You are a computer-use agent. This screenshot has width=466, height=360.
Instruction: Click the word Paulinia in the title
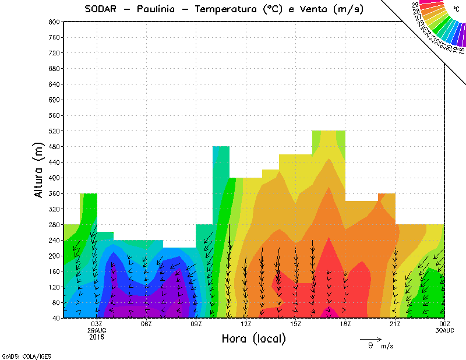click(160, 9)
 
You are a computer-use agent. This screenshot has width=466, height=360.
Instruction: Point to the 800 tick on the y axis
click(54, 22)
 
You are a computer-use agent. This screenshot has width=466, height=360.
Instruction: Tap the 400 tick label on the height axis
click(54, 178)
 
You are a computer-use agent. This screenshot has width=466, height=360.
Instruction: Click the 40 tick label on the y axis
click(56, 318)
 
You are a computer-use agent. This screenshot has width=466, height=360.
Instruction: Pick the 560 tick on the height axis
click(54, 115)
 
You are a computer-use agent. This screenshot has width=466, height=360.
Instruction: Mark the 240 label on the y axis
click(54, 240)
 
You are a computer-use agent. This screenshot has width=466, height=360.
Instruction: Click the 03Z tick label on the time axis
click(97, 324)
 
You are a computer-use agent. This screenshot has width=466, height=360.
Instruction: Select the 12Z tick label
click(246, 324)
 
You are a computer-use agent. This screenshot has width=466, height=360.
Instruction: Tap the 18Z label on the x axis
click(345, 324)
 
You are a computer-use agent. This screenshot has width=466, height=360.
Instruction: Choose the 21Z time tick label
click(395, 324)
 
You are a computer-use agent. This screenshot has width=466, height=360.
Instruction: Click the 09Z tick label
click(196, 324)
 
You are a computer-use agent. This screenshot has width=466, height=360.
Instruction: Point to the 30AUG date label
click(445, 330)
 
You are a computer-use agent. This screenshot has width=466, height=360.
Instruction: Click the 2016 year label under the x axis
click(97, 337)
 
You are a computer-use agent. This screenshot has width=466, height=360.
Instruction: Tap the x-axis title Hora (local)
click(253, 338)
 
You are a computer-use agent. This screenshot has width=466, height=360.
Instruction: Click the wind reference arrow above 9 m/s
click(370, 338)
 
